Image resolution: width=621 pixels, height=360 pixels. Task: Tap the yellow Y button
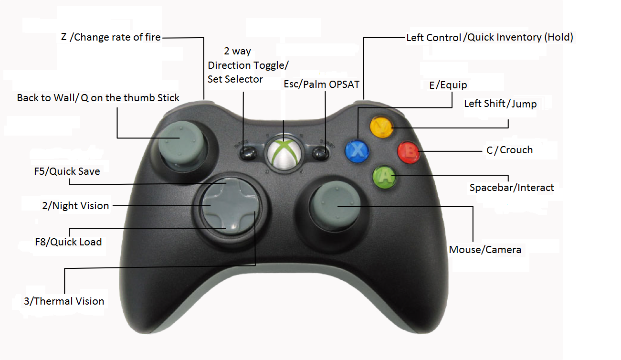coord(382,127)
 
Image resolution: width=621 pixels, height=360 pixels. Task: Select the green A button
coord(384,177)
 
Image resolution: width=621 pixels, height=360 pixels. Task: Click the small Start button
coord(322,154)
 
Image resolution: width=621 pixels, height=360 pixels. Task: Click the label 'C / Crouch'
coord(509,150)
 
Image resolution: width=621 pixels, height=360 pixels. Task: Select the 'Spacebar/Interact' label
coord(512,188)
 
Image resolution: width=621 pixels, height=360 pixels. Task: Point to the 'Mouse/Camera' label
coord(485,250)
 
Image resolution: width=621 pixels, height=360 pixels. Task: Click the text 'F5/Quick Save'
coord(67,171)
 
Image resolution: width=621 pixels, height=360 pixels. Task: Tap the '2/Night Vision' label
coord(75,206)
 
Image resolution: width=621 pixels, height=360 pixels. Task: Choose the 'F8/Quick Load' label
coord(68,242)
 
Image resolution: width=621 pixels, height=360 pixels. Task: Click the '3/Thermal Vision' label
coord(64,301)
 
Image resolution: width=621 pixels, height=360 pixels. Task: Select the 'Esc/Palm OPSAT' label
coord(321,85)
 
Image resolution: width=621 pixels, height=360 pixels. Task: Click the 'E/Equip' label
coord(448,85)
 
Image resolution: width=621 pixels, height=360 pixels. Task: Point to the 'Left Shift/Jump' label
coord(500,104)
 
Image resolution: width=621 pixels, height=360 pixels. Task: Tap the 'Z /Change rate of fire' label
coord(111,37)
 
